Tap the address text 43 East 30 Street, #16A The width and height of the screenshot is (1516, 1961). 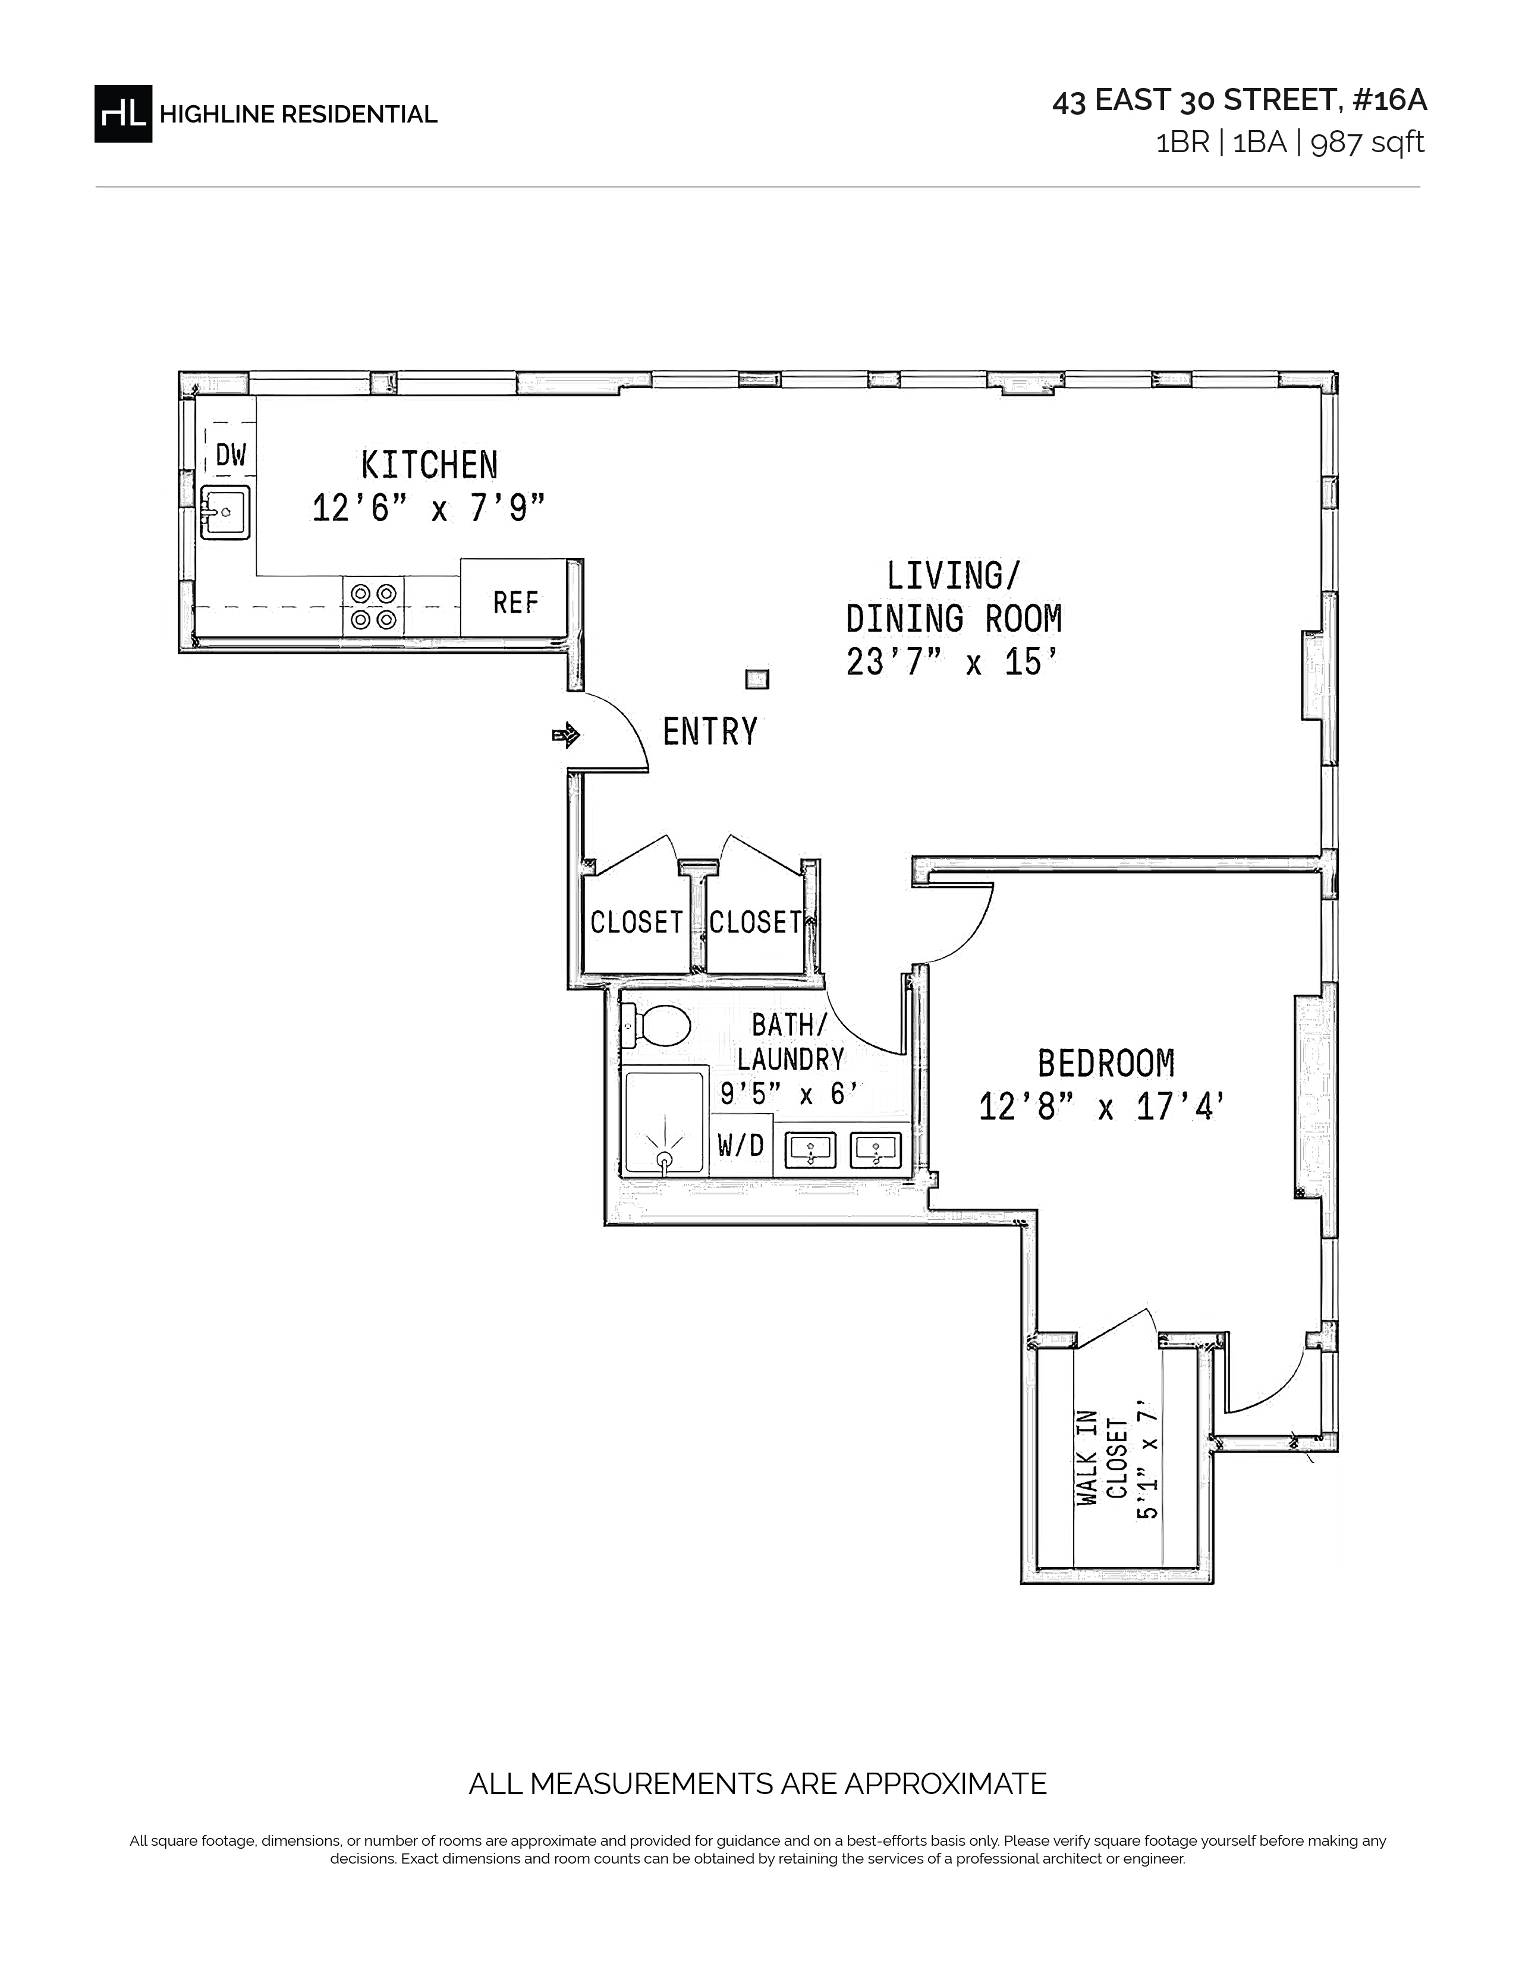pos(1240,100)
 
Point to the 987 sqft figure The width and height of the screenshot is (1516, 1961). pos(1368,143)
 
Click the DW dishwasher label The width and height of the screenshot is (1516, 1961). pos(230,455)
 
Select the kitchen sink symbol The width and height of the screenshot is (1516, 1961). pos(225,512)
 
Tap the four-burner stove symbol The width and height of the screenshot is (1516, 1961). pos(373,606)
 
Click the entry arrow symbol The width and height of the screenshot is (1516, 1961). pos(566,736)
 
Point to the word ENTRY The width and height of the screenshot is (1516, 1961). pos(710,732)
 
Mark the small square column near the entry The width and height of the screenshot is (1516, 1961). pos(757,680)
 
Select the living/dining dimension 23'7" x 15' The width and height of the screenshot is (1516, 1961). pos(953,663)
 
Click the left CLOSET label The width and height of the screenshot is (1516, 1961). pos(636,922)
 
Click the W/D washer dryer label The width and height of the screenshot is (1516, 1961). pos(741,1145)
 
